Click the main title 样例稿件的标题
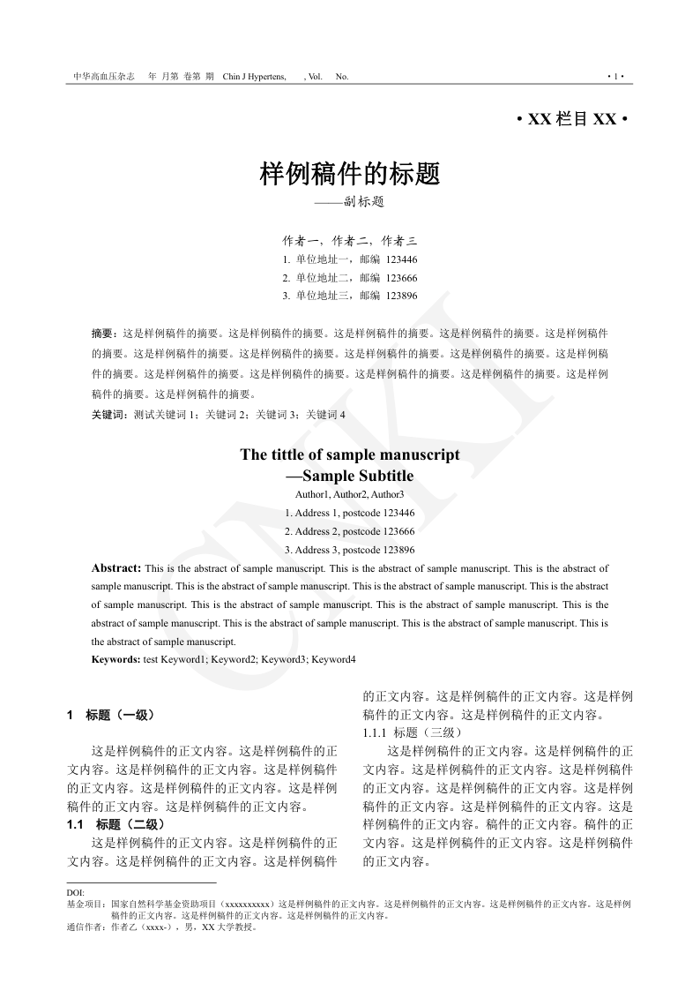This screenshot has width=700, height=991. tap(350, 174)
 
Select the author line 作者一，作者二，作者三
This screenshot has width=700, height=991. tap(350, 240)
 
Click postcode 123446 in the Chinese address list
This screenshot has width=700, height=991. tap(402, 259)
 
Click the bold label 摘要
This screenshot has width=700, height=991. tap(104, 334)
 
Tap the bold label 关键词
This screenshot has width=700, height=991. tap(109, 414)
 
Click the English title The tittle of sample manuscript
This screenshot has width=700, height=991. tap(350, 455)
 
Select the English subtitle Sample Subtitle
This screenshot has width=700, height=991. tap(357, 477)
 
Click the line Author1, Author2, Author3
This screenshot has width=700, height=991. tap(350, 494)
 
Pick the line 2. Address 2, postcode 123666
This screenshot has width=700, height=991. tap(350, 531)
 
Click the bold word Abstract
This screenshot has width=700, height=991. tap(115, 568)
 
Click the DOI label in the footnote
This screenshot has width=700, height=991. tap(75, 892)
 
